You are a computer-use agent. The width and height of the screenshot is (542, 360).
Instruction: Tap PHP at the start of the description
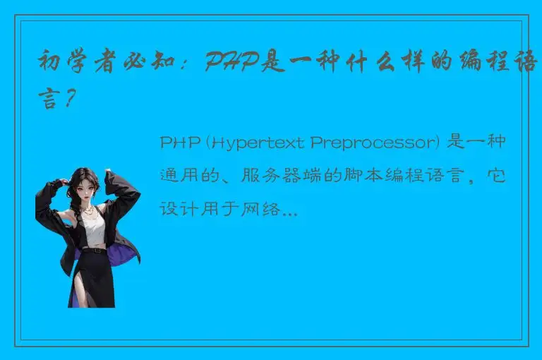(181, 143)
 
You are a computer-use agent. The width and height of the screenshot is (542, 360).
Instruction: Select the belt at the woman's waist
(92, 249)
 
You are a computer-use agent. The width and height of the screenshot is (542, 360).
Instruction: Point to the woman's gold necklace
(88, 208)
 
